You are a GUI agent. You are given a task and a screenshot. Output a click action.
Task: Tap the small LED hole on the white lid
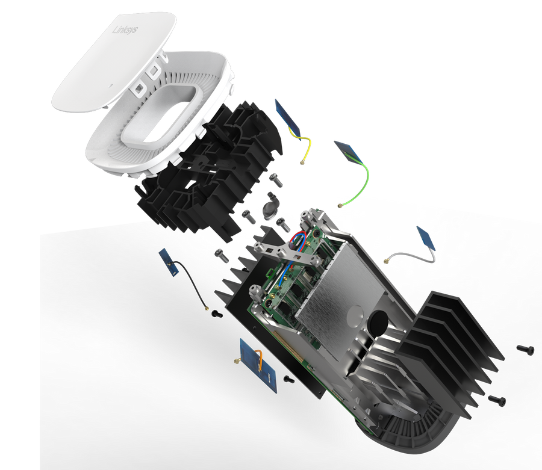[x=111, y=88]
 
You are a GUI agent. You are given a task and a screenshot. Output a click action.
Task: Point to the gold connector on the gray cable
[x=383, y=261]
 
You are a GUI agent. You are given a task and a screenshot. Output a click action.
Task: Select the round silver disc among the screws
[x=271, y=208]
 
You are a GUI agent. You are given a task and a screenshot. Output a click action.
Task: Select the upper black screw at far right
[x=525, y=348]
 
